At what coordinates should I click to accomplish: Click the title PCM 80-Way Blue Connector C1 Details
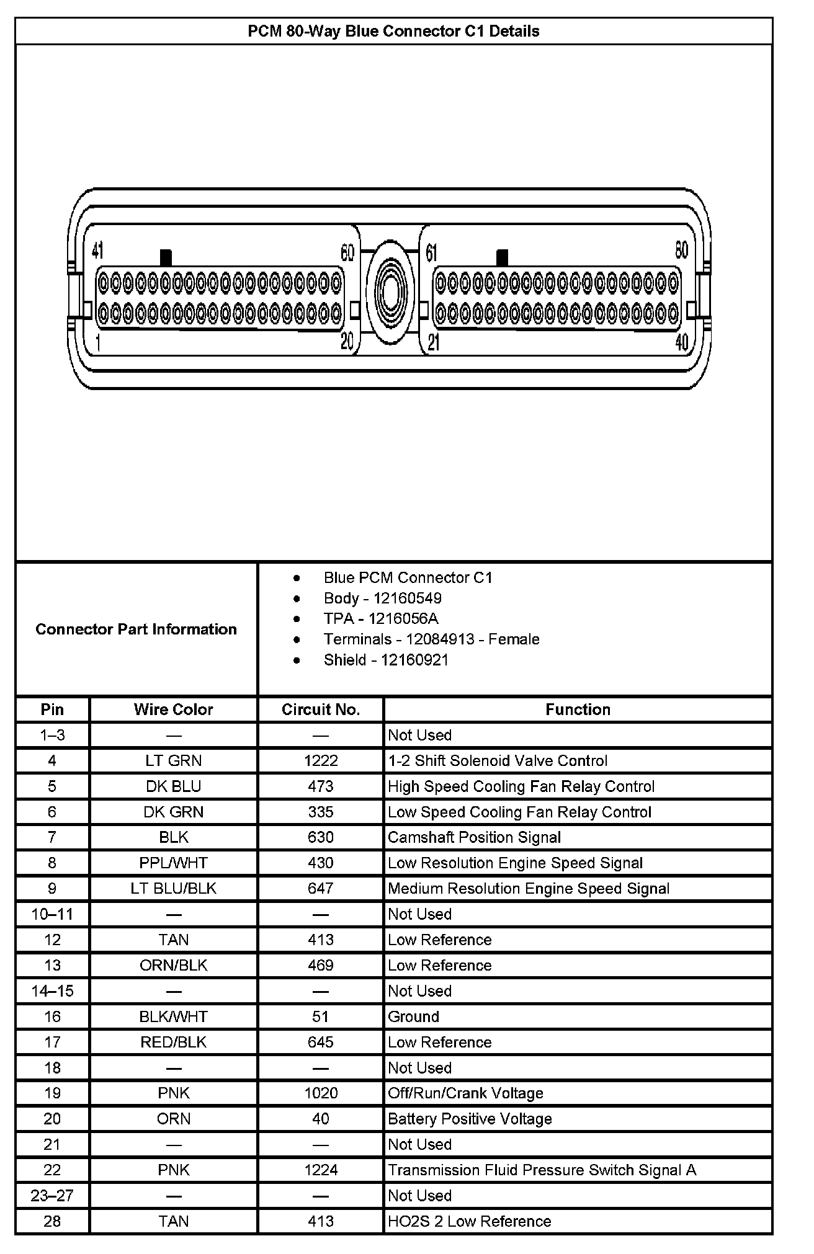[x=393, y=31]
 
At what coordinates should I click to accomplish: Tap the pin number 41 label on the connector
[x=97, y=250]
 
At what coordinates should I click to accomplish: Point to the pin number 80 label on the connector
[x=681, y=250]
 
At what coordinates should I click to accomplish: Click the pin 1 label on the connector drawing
[x=99, y=342]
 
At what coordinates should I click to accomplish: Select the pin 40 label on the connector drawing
[x=681, y=342]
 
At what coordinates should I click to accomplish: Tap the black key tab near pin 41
[x=166, y=257]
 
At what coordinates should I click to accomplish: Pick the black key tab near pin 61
[x=502, y=257]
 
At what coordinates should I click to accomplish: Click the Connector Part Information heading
[x=136, y=629]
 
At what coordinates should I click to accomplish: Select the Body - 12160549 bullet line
[x=382, y=598]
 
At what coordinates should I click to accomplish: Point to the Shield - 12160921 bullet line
[x=385, y=659]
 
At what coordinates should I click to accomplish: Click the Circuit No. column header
[x=321, y=709]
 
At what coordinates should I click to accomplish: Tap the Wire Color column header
[x=173, y=709]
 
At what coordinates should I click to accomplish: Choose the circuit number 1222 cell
[x=321, y=760]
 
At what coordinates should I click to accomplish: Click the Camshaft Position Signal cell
[x=474, y=837]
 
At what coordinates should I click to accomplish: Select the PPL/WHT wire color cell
[x=173, y=863]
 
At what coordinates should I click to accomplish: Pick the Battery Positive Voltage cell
[x=470, y=1119]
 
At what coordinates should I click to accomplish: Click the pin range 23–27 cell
[x=52, y=1195]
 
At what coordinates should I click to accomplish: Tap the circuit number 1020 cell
[x=321, y=1093]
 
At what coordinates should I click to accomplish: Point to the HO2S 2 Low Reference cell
[x=469, y=1221]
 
